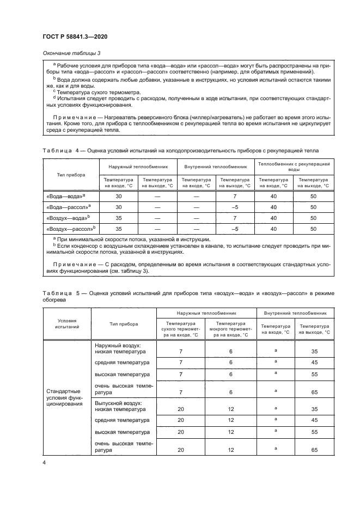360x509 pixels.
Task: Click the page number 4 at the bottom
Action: (44, 462)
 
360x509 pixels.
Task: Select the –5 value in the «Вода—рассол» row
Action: (235, 207)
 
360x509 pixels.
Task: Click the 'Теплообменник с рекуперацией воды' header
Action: (294, 166)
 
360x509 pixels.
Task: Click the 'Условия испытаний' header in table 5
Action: (67, 324)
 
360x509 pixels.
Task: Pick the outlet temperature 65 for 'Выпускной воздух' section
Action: (314, 450)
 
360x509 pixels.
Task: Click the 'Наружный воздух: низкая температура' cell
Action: (118, 348)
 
